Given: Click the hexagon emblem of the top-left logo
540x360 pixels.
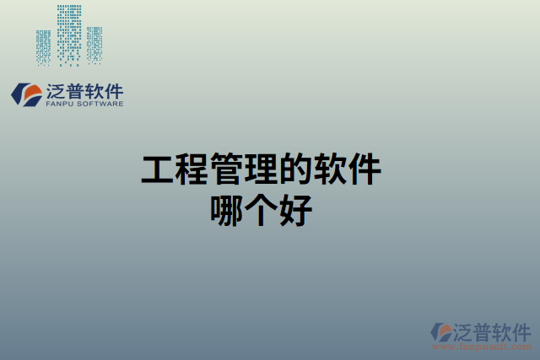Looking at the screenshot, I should pyautogui.click(x=26, y=94).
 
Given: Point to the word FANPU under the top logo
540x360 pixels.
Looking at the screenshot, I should pyautogui.click(x=60, y=104).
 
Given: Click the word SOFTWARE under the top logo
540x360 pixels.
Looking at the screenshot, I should pyautogui.click(x=100, y=104).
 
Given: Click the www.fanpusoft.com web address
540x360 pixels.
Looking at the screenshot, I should pyautogui.click(x=480, y=345).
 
